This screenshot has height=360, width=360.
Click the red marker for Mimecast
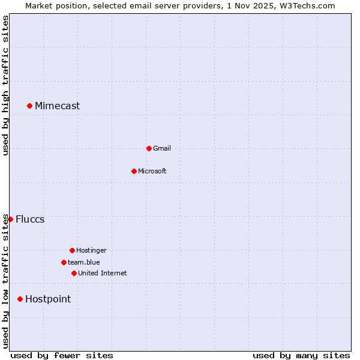pyautogui.click(x=29, y=106)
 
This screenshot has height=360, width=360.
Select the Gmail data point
pyautogui.click(x=149, y=148)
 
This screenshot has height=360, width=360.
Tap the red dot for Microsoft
pyautogui.click(x=134, y=171)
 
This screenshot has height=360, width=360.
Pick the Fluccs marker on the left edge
pyautogui.click(x=10, y=219)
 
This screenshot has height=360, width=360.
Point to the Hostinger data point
pyautogui.click(x=72, y=250)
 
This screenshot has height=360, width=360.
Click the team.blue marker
pyautogui.click(x=64, y=262)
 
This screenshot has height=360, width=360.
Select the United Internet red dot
pyautogui.click(x=74, y=273)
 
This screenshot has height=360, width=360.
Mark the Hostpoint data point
pyautogui.click(x=20, y=299)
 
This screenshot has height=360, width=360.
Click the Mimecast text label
pyautogui.click(x=57, y=106)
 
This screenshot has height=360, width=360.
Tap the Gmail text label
pyautogui.click(x=162, y=148)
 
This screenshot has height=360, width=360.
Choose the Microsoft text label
pyautogui.click(x=152, y=171)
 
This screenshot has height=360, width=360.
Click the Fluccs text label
pyautogui.click(x=30, y=219)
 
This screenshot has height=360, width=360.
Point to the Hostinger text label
pyautogui.click(x=91, y=250)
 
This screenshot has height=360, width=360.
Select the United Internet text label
pyautogui.click(x=102, y=273)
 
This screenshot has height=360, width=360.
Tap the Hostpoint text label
pyautogui.click(x=48, y=299)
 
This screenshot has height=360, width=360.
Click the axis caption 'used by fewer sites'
pyautogui.click(x=62, y=355)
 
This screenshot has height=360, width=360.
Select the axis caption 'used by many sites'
pyautogui.click(x=301, y=355)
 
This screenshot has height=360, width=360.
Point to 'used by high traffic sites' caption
pyautogui.click(x=5, y=85)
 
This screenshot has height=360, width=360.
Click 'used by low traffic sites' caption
pyautogui.click(x=5, y=280)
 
